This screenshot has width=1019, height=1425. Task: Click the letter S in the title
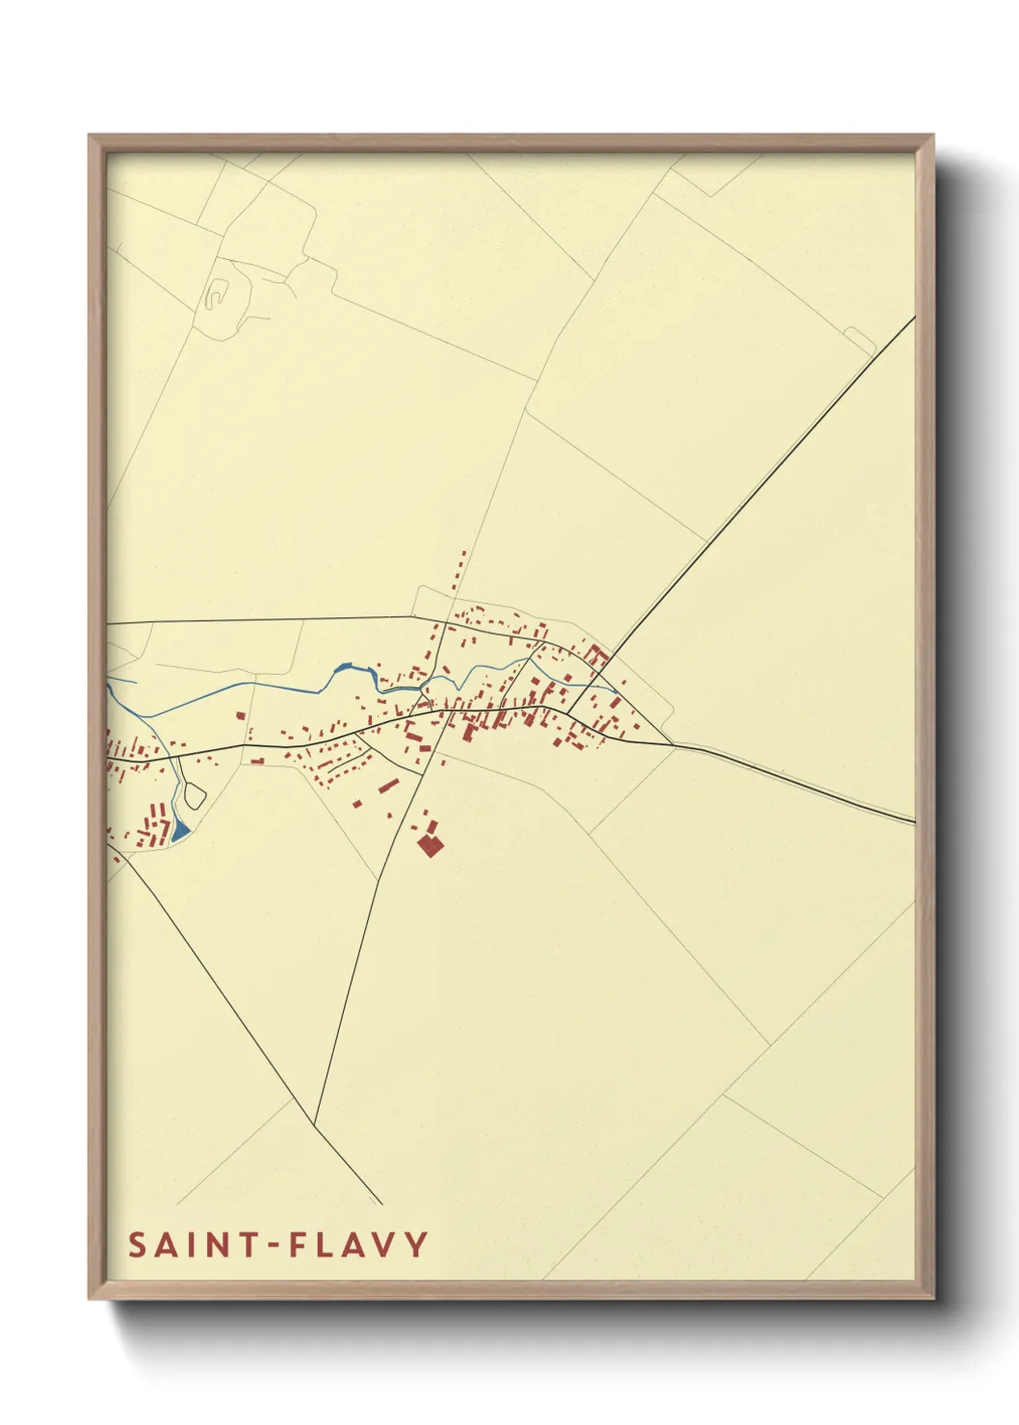[x=138, y=1245]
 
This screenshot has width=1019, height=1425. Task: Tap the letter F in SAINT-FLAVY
[x=299, y=1245]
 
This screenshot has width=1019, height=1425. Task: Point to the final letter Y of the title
[x=416, y=1245]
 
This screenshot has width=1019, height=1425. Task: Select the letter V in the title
[x=385, y=1245]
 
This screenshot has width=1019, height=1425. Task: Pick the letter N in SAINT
[x=214, y=1245]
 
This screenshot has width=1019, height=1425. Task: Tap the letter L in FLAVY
[x=326, y=1245]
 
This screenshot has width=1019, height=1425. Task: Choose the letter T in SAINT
[x=245, y=1245]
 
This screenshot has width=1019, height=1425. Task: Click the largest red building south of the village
[x=430, y=846]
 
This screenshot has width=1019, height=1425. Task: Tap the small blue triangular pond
[x=180, y=830]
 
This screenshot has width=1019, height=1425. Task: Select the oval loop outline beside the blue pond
[x=194, y=795]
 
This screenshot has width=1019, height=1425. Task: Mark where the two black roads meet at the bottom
[x=315, y=1124]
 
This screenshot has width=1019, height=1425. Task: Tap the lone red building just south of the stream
[x=240, y=715]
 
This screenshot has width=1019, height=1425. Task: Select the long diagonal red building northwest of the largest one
[x=387, y=786]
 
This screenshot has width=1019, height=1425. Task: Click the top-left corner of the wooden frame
[x=90, y=136]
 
